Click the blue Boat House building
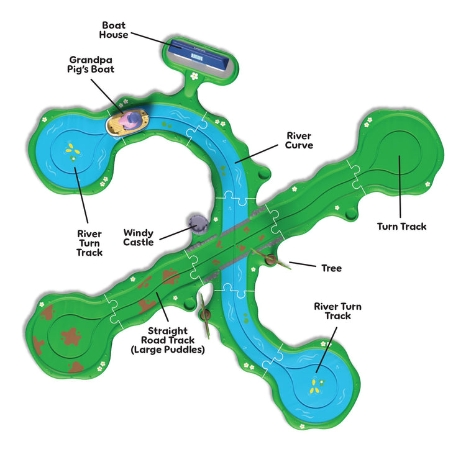coord(199,55)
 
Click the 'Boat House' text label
coord(114,30)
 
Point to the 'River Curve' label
coord(299,140)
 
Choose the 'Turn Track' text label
coord(402,227)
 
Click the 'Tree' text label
coord(332,268)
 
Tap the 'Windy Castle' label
coord(139,238)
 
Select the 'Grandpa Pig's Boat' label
coord(91,65)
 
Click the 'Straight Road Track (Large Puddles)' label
coord(168,340)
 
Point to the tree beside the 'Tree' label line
coord(271,260)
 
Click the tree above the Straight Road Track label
coord(205,315)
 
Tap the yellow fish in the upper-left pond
coord(73,149)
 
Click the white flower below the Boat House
coord(194,76)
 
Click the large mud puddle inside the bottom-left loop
coord(71,337)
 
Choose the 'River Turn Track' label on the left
coord(89,243)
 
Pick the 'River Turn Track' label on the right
coord(338,311)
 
